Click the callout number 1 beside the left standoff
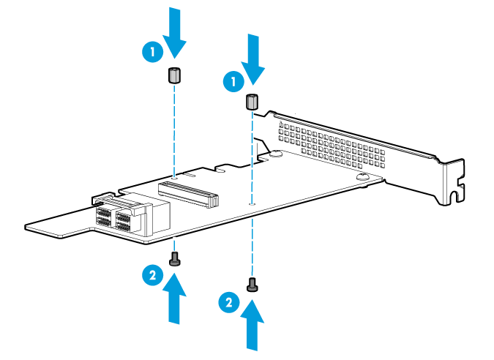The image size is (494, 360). [x=151, y=51]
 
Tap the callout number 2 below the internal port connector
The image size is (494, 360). [x=151, y=275]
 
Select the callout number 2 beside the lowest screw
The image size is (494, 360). [x=229, y=301]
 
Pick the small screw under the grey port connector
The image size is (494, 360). [x=175, y=258]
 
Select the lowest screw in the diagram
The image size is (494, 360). [x=252, y=284]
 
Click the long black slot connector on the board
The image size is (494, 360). [x=189, y=192]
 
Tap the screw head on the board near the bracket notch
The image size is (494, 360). [x=362, y=177]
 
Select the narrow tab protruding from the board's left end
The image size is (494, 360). [x=55, y=224]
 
